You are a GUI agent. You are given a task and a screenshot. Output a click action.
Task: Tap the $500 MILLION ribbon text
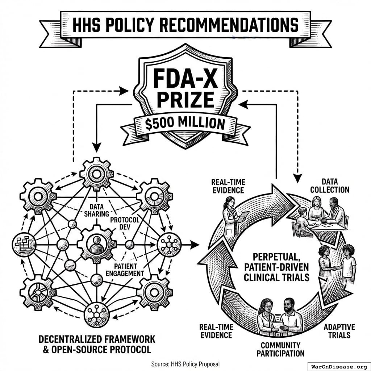point(185,124)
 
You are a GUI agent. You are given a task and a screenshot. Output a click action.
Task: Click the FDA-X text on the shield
point(185,79)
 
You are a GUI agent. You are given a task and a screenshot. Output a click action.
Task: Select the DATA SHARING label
point(96,210)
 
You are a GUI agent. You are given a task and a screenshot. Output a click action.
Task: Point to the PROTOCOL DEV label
point(125,224)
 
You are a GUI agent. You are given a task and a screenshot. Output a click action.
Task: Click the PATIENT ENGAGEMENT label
point(125,270)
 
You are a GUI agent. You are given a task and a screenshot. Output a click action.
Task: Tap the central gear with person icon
point(97,245)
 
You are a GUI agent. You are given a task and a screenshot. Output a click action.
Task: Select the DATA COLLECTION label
point(330,186)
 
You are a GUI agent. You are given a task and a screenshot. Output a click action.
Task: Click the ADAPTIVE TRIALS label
point(339,331)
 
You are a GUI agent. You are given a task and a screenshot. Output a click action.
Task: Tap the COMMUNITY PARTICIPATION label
point(281,349)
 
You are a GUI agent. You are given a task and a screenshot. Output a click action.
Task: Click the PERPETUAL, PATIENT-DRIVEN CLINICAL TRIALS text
point(276,267)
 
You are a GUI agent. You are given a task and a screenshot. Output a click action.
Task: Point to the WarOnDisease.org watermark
point(339,367)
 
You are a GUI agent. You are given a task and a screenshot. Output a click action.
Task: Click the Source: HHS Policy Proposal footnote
point(185,364)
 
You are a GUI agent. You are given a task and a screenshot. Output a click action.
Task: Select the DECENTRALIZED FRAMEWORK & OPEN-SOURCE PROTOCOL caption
point(97,344)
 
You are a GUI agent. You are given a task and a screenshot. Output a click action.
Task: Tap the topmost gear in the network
point(96,174)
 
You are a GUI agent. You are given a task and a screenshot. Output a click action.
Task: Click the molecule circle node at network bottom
point(96,315)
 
